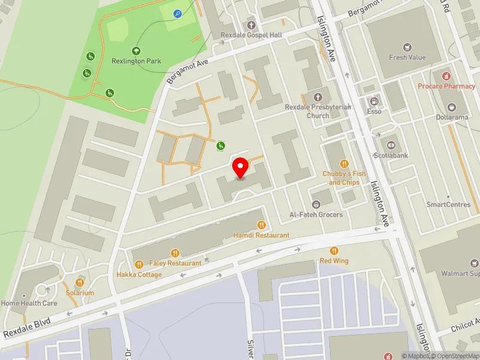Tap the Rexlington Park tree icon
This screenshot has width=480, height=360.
136,51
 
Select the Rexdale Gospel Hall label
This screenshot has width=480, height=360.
251,35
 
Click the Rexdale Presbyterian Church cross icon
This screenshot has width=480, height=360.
318,97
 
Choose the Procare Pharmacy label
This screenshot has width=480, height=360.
447,86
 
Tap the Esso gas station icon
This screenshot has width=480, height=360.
375,101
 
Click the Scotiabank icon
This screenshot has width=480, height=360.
391,145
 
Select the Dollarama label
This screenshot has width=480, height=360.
452,118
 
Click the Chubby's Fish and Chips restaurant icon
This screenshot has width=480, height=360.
344,163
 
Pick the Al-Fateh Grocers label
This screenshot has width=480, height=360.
316,215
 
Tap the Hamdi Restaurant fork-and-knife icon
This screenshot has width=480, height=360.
261,226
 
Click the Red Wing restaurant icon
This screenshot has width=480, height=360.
334,251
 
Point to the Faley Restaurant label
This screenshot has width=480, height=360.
176,263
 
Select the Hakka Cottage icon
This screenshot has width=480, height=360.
139,264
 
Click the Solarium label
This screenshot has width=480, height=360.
80,293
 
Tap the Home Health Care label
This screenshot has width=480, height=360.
29,304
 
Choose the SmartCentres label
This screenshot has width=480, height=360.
448,205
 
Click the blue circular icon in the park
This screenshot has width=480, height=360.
177,13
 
